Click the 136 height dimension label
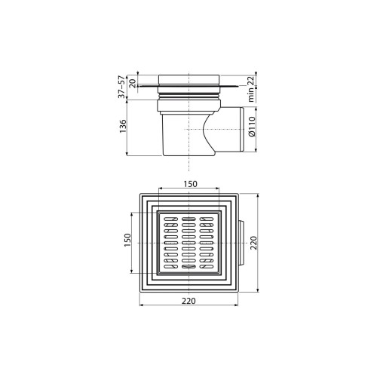(123, 127)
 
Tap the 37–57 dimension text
(122, 87)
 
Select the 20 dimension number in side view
(133, 83)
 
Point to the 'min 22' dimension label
(251, 89)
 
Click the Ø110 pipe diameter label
(252, 127)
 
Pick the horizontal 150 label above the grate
(190, 184)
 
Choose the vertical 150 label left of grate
(128, 240)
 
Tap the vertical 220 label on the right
(254, 243)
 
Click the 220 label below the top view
(188, 301)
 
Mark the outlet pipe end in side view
(241, 130)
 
